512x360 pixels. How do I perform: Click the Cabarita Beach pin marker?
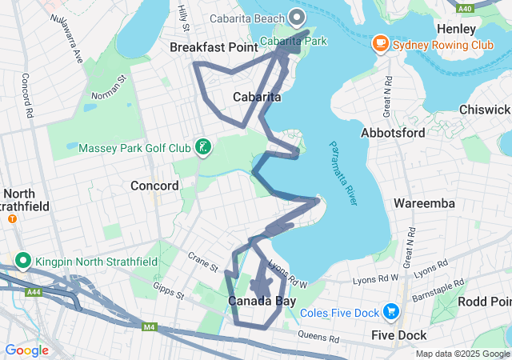point(297,17)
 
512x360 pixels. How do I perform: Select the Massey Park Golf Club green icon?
point(204,147)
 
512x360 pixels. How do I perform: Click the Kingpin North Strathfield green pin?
point(23,261)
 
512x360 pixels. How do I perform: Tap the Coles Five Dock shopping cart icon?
point(390,310)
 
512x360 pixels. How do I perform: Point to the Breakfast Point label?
point(213,48)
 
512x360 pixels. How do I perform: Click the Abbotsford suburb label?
point(393,133)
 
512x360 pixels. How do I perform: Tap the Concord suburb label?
point(154,186)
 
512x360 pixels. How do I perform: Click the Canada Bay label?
point(262,301)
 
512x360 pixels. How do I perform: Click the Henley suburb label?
point(458,29)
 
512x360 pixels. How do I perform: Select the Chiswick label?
point(485,110)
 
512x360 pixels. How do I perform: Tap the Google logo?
point(26,350)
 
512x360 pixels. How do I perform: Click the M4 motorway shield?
point(149,327)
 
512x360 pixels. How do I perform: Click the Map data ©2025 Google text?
point(462,354)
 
